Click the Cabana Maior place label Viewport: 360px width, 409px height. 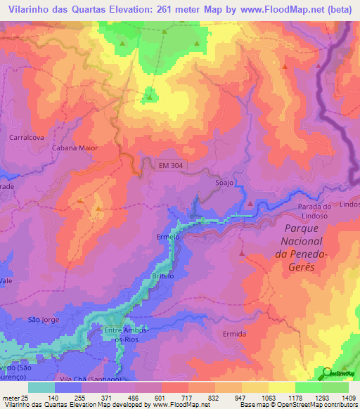pos(74,149)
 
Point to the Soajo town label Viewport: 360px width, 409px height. pos(224,183)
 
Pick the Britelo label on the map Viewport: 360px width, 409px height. pos(164,276)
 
